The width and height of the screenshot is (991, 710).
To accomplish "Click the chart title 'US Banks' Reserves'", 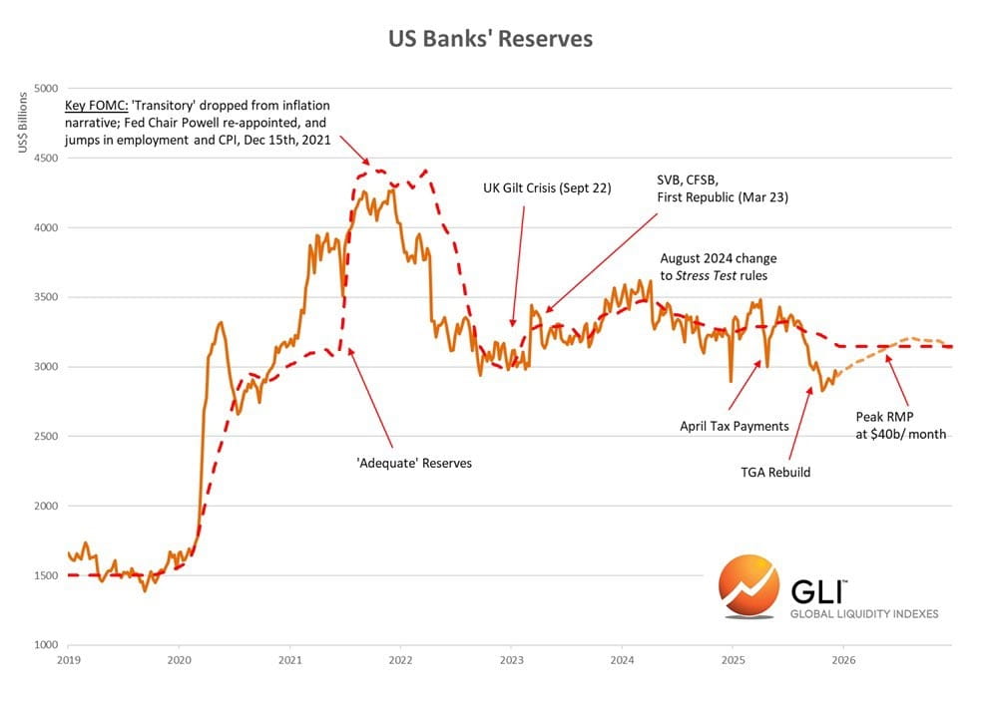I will tap(490, 39).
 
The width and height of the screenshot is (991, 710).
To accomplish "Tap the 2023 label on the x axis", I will tap(511, 660).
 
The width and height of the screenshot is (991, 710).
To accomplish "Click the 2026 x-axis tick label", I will tap(843, 660).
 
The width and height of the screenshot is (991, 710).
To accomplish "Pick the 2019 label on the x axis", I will tap(68, 660).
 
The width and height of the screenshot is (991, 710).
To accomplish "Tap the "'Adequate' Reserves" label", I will tap(414, 464).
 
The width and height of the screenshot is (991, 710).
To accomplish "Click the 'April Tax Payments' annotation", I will tap(735, 426).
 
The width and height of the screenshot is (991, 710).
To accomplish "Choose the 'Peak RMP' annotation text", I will tap(884, 417).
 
